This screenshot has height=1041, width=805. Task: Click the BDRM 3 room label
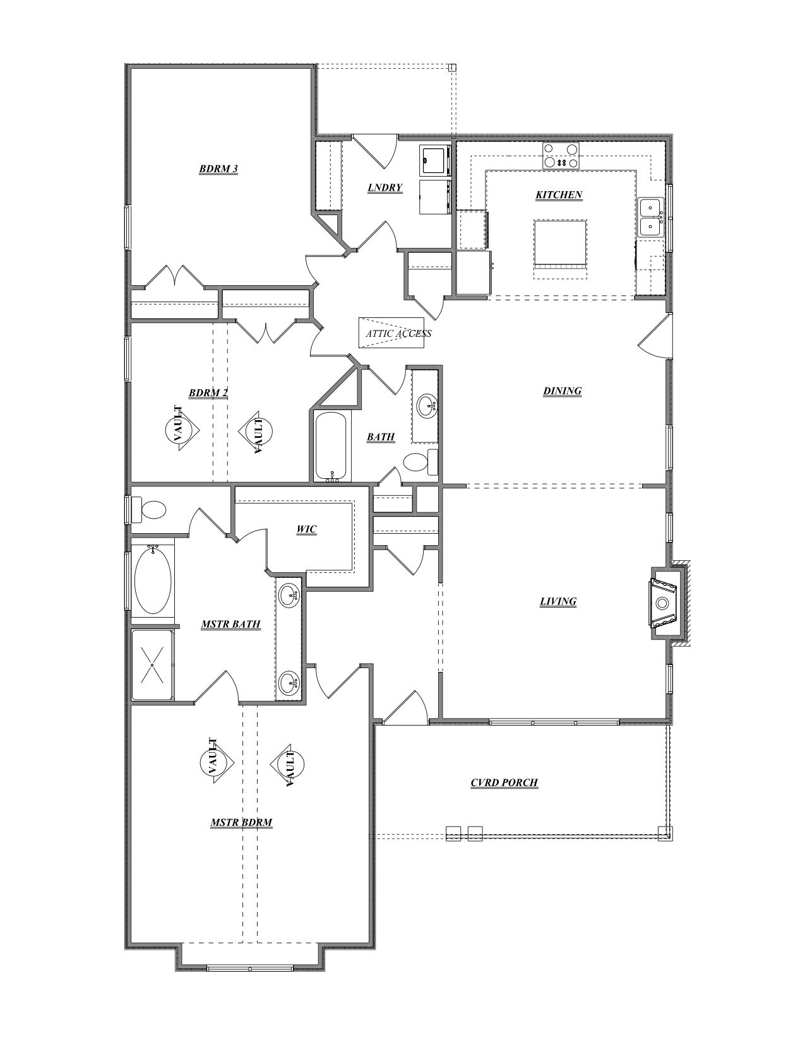point(218,169)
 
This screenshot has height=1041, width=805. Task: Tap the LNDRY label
point(385,187)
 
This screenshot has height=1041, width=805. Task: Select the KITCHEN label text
point(559,195)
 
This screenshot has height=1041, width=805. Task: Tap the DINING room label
point(562,391)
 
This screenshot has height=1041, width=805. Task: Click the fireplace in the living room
point(663,603)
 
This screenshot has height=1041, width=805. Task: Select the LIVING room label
point(558,601)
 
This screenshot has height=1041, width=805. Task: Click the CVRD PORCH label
point(504,783)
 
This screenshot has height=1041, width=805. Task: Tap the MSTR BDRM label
point(241,823)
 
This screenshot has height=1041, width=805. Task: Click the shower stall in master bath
point(152,664)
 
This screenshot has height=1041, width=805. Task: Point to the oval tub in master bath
point(152,581)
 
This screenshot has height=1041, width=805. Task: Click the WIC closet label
point(306,530)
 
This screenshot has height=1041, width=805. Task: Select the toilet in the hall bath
point(417,462)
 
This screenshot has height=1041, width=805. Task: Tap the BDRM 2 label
point(208,393)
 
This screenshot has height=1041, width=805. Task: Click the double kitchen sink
point(650,216)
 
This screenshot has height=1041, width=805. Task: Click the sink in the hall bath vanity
point(427,403)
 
